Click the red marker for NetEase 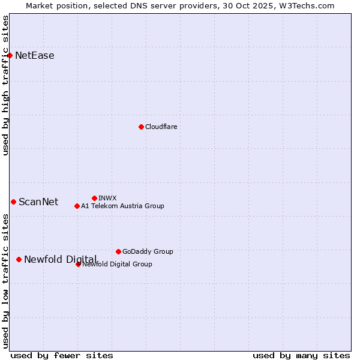pos(10,56)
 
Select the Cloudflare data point pos(141,127)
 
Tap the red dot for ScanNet pos(13,202)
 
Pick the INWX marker pos(94,198)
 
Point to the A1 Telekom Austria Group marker pos(77,206)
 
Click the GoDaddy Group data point pos(118,251)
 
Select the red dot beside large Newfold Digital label pos(19,259)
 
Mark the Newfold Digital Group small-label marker pos(78,264)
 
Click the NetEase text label pos(35,56)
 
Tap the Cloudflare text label pos(161,127)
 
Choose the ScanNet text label pos(38,202)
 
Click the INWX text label pos(107,198)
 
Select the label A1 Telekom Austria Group pos(122,206)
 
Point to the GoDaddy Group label pos(148,251)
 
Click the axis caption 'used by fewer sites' pos(62,355)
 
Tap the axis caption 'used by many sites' pos(301,355)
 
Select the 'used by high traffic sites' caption pos(6,85)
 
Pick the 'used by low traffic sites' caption pos(6,281)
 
